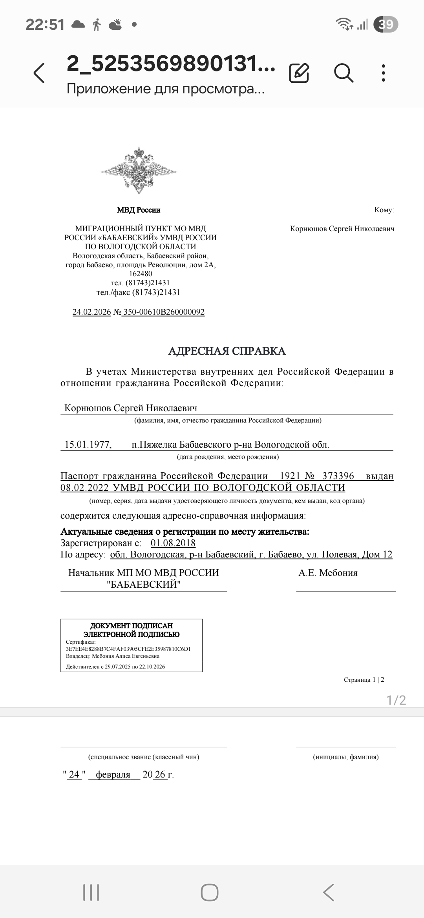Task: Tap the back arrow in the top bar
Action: click(x=39, y=73)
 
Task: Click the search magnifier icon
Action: click(x=344, y=73)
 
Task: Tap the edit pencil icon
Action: click(x=299, y=73)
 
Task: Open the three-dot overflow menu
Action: click(x=384, y=73)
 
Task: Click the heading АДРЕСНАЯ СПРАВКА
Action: click(x=227, y=351)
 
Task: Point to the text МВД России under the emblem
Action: click(x=139, y=210)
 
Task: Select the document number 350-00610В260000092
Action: click(x=164, y=312)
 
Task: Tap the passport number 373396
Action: click(x=338, y=476)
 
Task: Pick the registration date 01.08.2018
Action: click(x=173, y=543)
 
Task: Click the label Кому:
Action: click(x=384, y=210)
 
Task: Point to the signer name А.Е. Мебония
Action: click(x=328, y=573)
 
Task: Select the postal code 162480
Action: click(x=141, y=274)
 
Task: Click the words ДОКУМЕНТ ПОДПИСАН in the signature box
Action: click(x=132, y=625)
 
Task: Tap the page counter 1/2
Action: click(x=396, y=700)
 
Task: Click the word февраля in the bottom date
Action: click(x=113, y=774)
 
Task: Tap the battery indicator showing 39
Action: click(x=386, y=25)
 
